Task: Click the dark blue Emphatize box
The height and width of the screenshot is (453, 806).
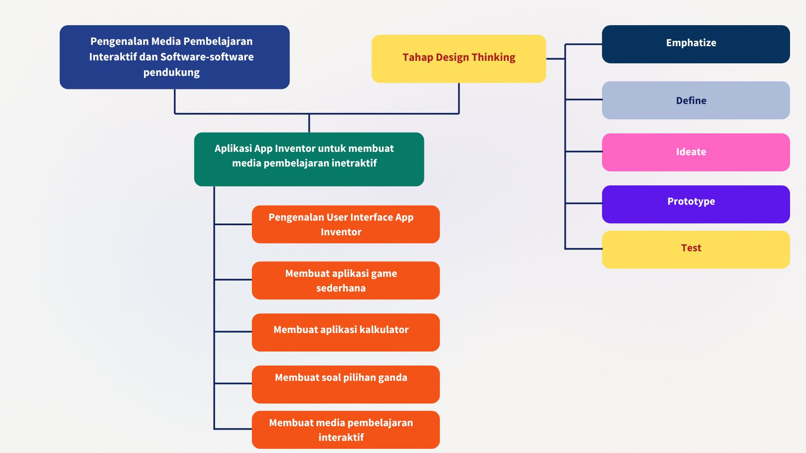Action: [x=696, y=44]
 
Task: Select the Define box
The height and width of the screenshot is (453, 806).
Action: [x=696, y=100]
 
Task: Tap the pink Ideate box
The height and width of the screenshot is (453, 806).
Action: [x=696, y=152]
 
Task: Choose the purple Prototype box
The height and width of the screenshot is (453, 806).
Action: [x=696, y=204]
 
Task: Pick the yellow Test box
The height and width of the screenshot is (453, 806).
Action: [x=696, y=250]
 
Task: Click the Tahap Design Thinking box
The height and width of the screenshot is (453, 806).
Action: [x=458, y=59]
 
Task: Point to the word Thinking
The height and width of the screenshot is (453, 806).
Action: [x=493, y=57]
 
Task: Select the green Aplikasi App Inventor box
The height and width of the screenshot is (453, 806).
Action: [x=309, y=159]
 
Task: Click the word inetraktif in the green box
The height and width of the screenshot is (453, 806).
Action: [x=354, y=163]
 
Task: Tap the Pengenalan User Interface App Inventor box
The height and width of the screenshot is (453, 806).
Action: [x=345, y=224]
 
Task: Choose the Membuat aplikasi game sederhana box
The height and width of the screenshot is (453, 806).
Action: [x=345, y=281]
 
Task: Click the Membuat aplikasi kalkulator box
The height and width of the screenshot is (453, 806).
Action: [x=345, y=333]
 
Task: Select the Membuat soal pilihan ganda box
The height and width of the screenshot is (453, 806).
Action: [x=345, y=385]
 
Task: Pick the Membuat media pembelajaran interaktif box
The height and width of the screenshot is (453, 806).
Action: [x=345, y=430]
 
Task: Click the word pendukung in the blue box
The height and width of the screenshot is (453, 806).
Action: [x=171, y=73]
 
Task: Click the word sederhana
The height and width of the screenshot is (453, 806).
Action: [x=341, y=288]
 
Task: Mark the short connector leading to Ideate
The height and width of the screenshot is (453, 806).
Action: [x=584, y=151]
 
